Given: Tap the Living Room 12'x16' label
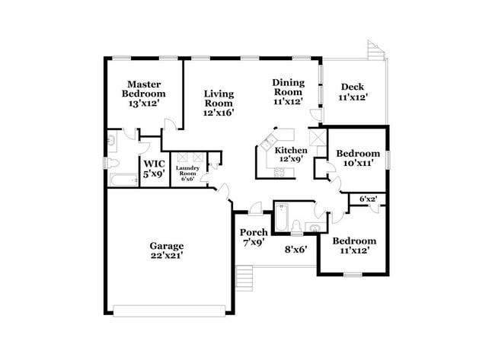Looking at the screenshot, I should click(x=218, y=103).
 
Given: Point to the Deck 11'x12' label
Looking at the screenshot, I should click(x=354, y=91).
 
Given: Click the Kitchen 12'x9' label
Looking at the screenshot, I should click(x=290, y=154).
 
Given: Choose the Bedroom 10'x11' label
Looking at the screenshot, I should click(x=358, y=158).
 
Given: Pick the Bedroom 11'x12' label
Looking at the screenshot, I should click(x=353, y=246).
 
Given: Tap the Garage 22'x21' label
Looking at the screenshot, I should click(x=166, y=250).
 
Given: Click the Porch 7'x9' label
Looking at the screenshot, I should click(x=254, y=237).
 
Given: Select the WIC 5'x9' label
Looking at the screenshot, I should click(x=155, y=168).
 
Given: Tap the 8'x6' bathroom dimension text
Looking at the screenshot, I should click(x=295, y=248).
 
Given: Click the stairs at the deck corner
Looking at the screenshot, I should click(x=375, y=50).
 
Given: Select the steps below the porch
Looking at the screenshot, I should click(x=244, y=274).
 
